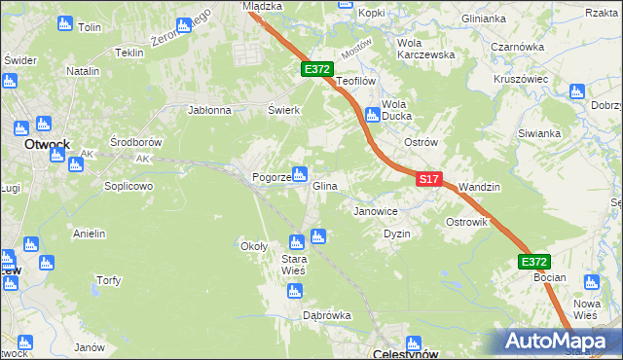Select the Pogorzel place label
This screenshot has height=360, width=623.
(270, 178)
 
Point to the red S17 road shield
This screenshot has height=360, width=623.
(430, 180)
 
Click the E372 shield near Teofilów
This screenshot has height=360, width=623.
(317, 70)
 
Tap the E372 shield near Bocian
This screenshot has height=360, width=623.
(533, 262)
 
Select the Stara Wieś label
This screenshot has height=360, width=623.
(294, 264)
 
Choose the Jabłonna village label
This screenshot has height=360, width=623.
(208, 110)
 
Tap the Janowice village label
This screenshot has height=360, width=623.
(376, 210)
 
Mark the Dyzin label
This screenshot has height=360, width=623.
(396, 234)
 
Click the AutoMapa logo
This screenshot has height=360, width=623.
(559, 342)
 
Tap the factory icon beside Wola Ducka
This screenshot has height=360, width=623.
(372, 116)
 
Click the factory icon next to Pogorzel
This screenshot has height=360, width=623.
(301, 175)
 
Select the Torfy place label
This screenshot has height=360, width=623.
(108, 281)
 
